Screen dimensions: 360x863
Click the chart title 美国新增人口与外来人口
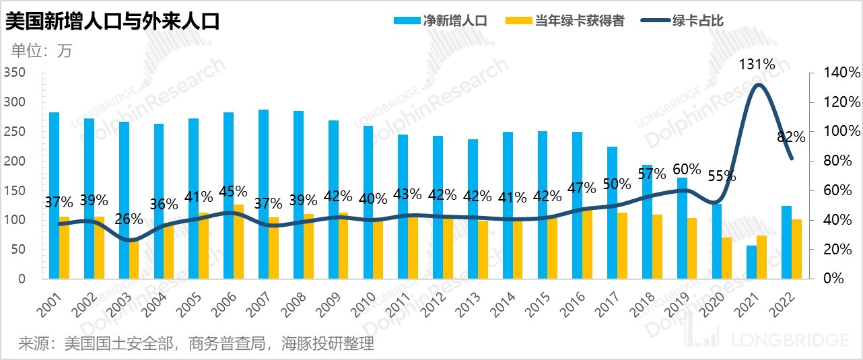pyautogui.click(x=113, y=21)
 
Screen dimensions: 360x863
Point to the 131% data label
pyautogui.click(x=757, y=65)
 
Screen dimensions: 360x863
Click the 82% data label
pyautogui.click(x=791, y=137)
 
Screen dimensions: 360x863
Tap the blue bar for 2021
pyautogui.click(x=751, y=262)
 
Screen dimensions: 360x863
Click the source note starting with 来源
pyautogui.click(x=196, y=344)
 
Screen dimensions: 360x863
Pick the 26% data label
pyautogui.click(x=129, y=219)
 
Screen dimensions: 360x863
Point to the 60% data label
pyautogui.click(x=687, y=169)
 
